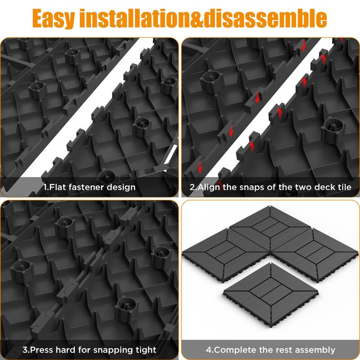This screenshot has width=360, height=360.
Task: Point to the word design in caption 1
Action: (120, 187)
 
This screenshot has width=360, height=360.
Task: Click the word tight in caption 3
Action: (145, 349)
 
